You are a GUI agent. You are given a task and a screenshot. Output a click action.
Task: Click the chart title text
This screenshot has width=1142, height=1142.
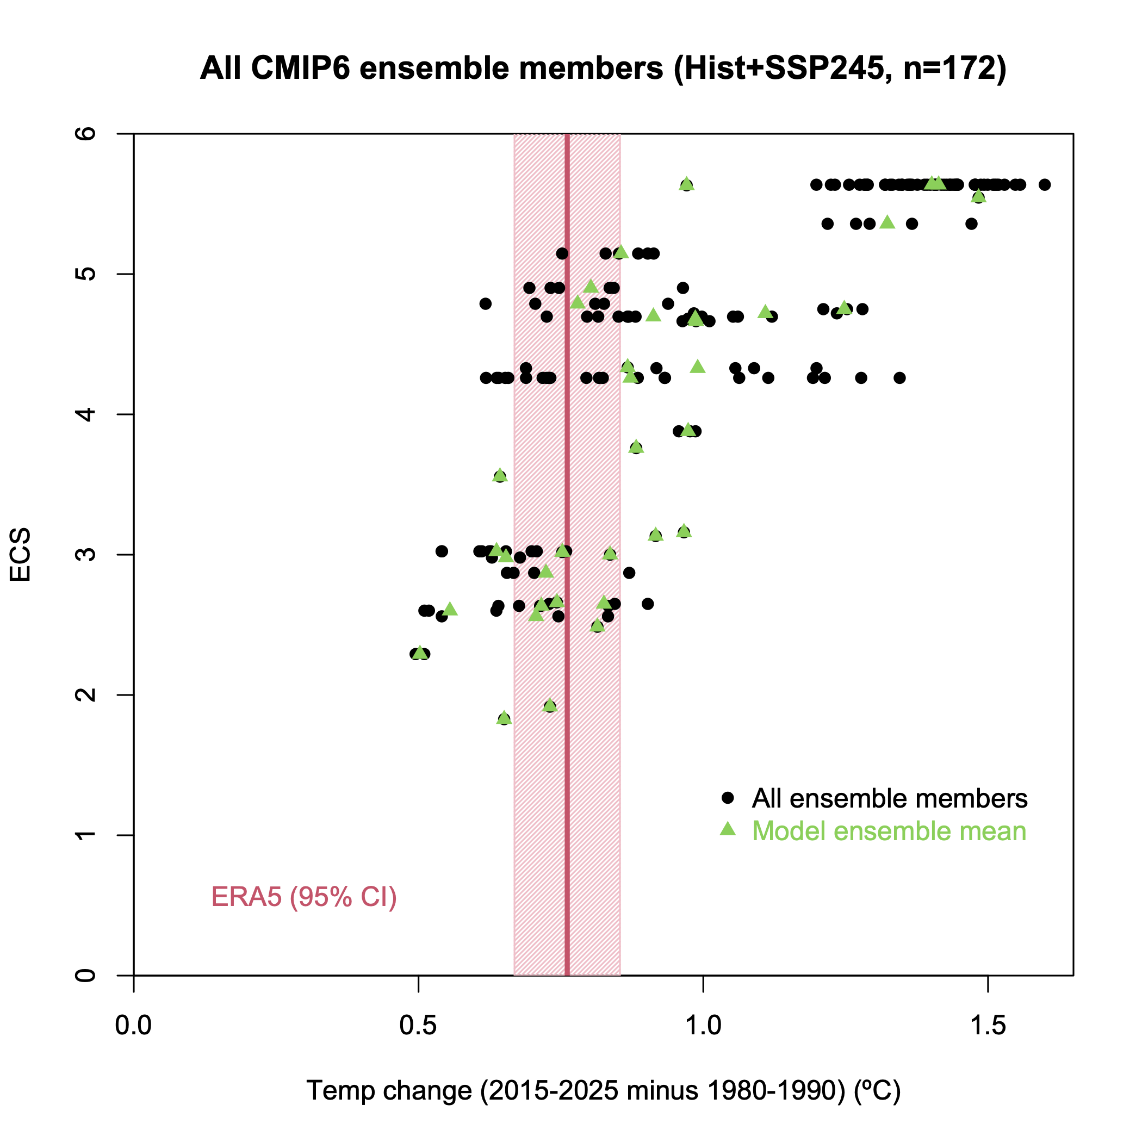[x=603, y=69]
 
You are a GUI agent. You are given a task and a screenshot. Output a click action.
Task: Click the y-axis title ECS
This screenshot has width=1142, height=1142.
[x=21, y=555]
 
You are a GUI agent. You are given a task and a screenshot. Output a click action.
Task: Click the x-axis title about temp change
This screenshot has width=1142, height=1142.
[x=603, y=1090]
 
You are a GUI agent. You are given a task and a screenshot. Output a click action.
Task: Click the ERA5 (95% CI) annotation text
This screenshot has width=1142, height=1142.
[x=304, y=897]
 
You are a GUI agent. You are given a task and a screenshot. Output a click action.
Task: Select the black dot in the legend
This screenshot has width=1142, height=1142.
[x=728, y=798]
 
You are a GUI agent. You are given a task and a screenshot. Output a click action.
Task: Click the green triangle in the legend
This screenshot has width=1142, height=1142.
[x=728, y=829]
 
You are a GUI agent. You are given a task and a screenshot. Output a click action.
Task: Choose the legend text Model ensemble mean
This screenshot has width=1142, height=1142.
[x=889, y=831]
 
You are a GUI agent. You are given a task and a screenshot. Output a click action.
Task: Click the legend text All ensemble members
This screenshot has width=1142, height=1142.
[x=890, y=798]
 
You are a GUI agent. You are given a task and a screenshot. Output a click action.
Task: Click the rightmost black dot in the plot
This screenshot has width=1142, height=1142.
[x=1045, y=184]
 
